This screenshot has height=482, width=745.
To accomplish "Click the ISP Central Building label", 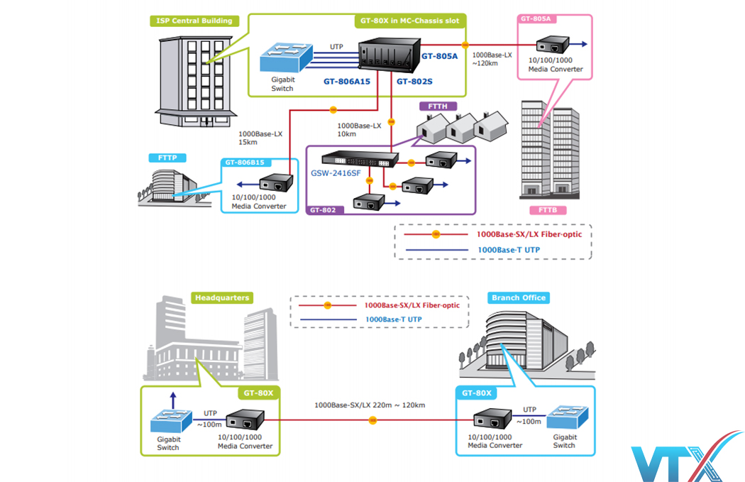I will click(x=194, y=21).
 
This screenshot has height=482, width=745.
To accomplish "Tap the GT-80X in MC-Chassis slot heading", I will click(x=410, y=21).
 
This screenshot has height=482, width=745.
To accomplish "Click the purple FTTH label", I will click(x=438, y=106).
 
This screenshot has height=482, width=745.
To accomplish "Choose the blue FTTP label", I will click(x=162, y=157).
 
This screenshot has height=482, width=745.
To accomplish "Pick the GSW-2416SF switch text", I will click(x=334, y=172).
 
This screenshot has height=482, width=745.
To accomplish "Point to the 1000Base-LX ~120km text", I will click(x=492, y=58).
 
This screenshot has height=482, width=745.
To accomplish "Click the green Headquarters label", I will click(x=221, y=297).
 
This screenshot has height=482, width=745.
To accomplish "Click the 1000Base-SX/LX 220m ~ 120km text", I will click(x=370, y=405).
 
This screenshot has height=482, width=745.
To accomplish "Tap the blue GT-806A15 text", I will click(x=348, y=82).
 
